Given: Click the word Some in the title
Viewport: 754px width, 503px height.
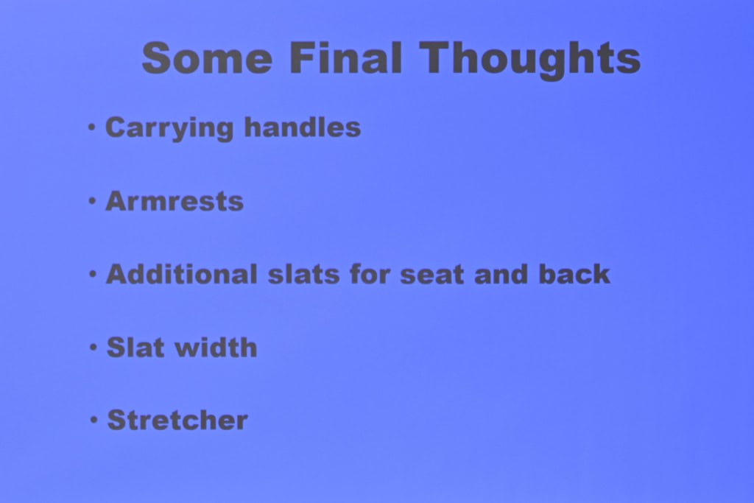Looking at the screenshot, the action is [207, 57].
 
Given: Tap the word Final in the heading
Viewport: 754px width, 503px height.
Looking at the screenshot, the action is [345, 57].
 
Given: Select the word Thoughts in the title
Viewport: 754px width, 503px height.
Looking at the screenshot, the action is [530, 60].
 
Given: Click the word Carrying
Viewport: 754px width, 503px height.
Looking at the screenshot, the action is [169, 128].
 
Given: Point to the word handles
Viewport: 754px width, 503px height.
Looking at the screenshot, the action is [303, 127].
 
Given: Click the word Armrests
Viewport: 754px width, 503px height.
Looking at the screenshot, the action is [175, 201].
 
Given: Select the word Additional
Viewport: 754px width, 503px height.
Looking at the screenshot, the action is [182, 274].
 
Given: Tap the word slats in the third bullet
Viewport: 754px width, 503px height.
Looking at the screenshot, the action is [303, 275].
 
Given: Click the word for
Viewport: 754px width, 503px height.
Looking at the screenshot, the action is [370, 274].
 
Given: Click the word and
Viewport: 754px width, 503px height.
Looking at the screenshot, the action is [501, 274].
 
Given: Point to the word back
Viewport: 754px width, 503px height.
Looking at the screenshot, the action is [574, 274].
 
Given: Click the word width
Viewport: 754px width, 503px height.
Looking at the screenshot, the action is [216, 347].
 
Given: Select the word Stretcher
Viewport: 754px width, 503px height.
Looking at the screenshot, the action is [177, 421].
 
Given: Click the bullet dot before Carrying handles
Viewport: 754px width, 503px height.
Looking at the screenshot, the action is [92, 127].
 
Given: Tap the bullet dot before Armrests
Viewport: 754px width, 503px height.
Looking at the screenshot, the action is [92, 201].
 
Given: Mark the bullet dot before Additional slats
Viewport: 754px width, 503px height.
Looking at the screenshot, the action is [93, 274].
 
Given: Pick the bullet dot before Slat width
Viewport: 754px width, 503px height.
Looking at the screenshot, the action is [94, 347].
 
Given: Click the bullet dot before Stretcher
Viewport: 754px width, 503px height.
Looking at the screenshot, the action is [94, 421].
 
